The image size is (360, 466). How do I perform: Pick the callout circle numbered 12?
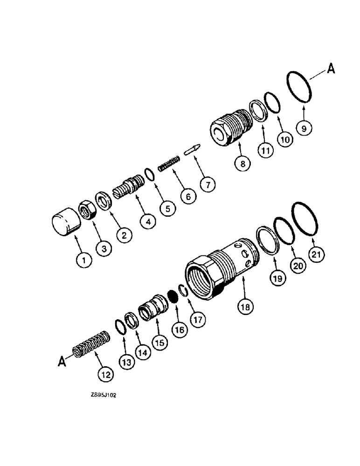105,373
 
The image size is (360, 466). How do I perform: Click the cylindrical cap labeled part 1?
66,223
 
